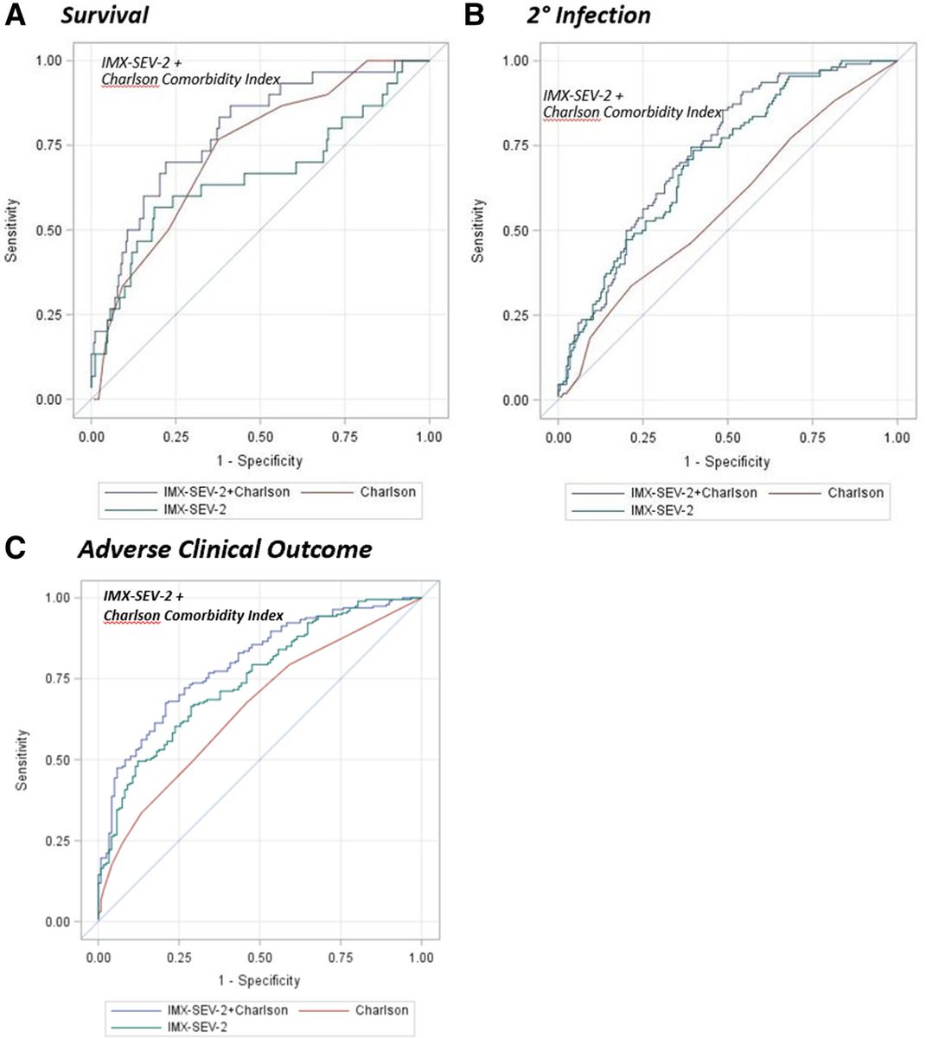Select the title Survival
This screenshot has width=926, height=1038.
tap(110, 16)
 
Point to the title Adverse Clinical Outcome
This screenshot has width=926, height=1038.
tap(225, 549)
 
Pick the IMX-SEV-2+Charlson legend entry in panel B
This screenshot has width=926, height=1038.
tap(693, 493)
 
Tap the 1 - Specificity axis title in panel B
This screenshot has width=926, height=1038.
tap(726, 461)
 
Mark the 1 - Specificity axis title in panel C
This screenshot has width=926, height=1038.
tap(259, 980)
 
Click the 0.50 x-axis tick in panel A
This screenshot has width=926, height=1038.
tap(260, 438)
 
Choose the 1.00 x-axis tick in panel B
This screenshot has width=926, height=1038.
tap(897, 438)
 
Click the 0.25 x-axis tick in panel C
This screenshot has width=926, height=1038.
tap(179, 958)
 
